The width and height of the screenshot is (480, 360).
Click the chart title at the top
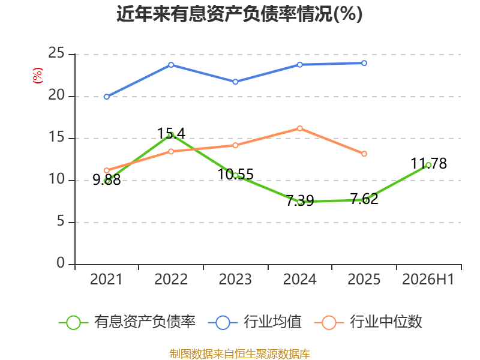click(239, 14)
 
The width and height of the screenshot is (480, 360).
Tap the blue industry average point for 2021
click(107, 97)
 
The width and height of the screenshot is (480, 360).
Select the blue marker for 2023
click(235, 82)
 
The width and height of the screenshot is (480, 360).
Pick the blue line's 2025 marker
click(364, 63)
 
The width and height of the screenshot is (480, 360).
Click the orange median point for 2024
click(300, 128)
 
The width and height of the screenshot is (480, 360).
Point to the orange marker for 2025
click(364, 154)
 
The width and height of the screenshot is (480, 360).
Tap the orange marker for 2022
click(171, 151)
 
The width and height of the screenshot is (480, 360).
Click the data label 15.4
click(171, 133)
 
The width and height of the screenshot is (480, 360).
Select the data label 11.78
click(428, 163)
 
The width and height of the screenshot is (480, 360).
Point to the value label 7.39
click(300, 200)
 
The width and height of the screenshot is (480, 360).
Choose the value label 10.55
click(235, 174)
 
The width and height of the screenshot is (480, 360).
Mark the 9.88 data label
click(107, 179)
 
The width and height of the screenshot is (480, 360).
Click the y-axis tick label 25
click(56, 53)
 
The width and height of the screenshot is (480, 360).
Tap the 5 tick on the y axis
click(61, 221)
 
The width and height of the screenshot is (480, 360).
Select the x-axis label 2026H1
click(428, 279)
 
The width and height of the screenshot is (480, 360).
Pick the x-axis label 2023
click(235, 279)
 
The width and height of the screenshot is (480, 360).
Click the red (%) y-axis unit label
click(38, 76)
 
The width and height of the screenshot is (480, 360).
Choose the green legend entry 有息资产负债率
click(127, 322)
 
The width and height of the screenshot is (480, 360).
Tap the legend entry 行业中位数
click(368, 322)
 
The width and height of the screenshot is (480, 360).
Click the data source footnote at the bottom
click(240, 354)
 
